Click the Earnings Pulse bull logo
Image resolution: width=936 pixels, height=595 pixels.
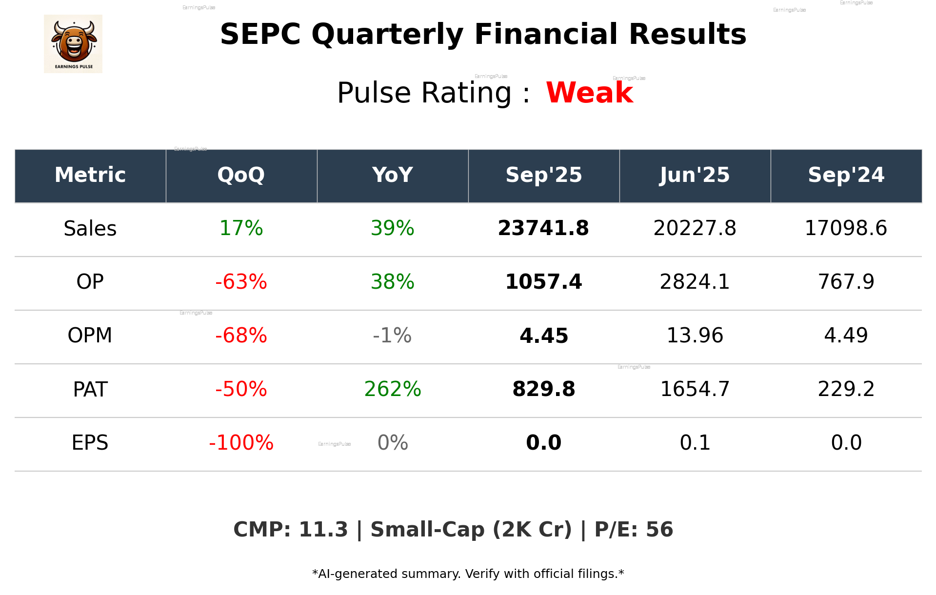pyautogui.click(x=73, y=44)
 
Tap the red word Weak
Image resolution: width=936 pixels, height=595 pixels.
pyautogui.click(x=589, y=93)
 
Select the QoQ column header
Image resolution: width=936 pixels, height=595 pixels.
pyautogui.click(x=241, y=175)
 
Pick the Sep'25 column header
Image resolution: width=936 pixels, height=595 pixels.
pyautogui.click(x=543, y=175)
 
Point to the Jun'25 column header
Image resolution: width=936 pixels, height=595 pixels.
pyautogui.click(x=695, y=175)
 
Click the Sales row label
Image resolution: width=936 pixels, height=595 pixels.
pyautogui.click(x=90, y=228)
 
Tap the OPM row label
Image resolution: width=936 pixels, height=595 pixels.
pyautogui.click(x=90, y=336)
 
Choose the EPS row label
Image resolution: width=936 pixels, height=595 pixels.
pyautogui.click(x=90, y=443)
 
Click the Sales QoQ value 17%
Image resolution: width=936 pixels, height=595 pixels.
pyautogui.click(x=241, y=228)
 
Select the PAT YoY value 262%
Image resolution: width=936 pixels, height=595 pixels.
pyautogui.click(x=393, y=389)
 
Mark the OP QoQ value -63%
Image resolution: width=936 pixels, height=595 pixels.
pyautogui.click(x=241, y=282)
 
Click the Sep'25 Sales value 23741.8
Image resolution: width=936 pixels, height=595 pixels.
pyautogui.click(x=543, y=228)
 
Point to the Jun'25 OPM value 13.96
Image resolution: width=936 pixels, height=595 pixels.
pyautogui.click(x=695, y=336)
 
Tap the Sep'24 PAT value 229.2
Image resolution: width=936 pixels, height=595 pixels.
pyautogui.click(x=846, y=389)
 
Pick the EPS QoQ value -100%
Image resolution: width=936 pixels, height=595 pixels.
pyautogui.click(x=241, y=443)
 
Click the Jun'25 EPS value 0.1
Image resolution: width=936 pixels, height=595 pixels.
pyautogui.click(x=695, y=443)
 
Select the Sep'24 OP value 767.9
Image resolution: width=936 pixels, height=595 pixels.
pyautogui.click(x=846, y=282)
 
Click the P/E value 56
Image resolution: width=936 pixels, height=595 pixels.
pyautogui.click(x=659, y=530)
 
